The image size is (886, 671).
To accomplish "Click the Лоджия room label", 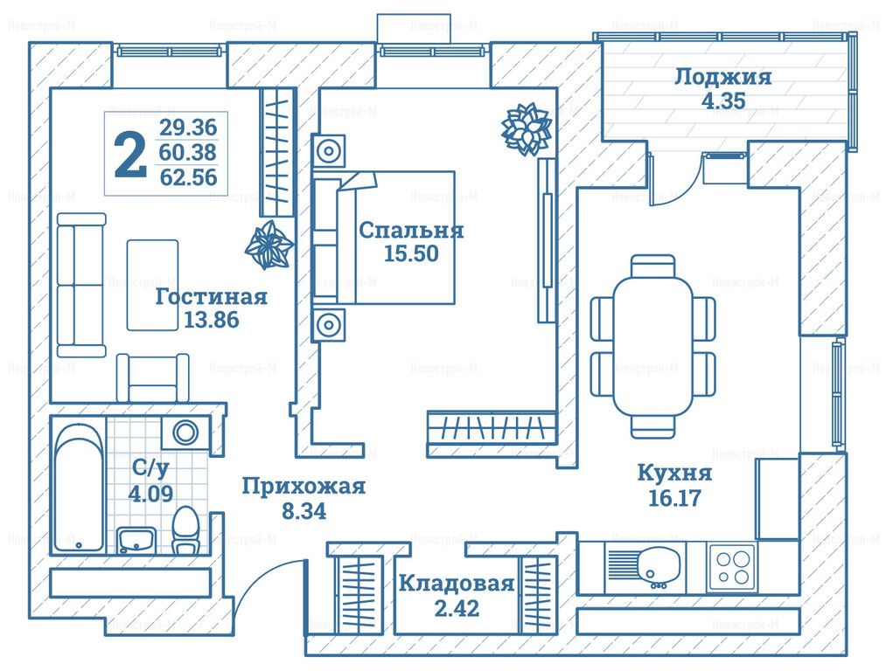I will click(722, 77).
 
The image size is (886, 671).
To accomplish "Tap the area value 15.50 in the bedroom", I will click(410, 254).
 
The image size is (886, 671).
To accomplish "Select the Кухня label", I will click(673, 474).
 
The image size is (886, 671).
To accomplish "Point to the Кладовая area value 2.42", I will click(456, 608).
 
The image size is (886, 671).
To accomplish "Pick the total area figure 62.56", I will click(188, 178).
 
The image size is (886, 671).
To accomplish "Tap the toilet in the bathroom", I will click(185, 530).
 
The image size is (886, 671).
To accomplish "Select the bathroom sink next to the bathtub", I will click(136, 540).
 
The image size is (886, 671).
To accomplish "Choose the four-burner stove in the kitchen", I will click(732, 565).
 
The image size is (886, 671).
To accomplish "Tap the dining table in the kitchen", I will click(653, 347).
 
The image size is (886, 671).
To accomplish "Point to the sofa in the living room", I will click(80, 283).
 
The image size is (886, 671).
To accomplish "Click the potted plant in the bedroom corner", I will click(526, 129).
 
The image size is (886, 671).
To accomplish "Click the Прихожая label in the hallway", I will click(303, 487).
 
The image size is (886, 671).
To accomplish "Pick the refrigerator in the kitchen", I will click(777, 497).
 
